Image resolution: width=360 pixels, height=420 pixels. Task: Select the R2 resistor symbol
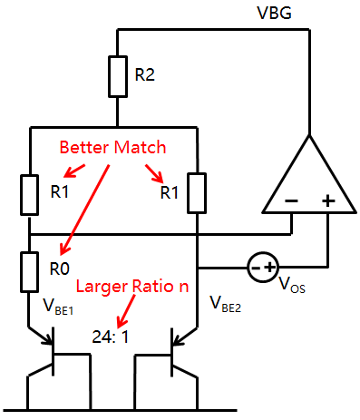(118, 75)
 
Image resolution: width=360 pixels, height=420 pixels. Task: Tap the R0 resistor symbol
(30, 269)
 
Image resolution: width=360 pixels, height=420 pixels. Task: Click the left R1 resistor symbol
(30, 191)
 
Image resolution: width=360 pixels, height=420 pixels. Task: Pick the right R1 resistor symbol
(197, 192)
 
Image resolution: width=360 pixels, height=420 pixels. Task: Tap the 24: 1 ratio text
(109, 336)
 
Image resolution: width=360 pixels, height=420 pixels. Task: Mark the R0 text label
(60, 269)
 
